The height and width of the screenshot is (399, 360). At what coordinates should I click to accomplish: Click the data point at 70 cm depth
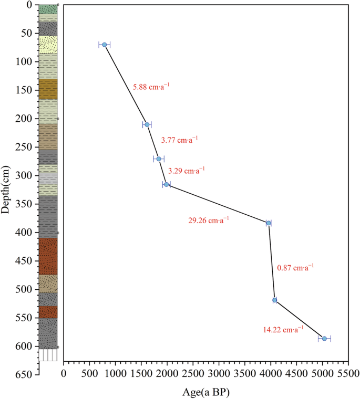click(105, 45)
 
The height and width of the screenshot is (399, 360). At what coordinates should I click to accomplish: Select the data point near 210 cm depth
click(147, 124)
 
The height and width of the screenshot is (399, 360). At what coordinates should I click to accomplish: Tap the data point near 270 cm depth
click(159, 159)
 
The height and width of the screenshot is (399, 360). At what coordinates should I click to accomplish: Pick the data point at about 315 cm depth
click(167, 184)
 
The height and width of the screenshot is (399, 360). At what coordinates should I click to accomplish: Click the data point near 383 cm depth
click(269, 223)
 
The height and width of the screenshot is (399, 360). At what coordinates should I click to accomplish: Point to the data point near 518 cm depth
click(274, 300)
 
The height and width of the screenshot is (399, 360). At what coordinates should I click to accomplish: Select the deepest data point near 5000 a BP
click(324, 339)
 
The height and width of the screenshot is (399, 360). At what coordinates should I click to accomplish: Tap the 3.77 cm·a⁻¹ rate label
click(179, 140)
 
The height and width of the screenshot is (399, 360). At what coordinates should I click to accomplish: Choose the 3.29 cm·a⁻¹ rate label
click(186, 171)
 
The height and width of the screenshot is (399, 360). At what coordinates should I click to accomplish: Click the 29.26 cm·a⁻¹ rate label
click(209, 221)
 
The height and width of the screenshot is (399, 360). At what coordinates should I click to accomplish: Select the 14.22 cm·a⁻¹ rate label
click(283, 330)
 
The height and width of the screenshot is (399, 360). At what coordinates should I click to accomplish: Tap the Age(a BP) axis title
click(205, 392)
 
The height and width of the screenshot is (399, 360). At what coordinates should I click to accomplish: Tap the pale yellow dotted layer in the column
click(48, 45)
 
